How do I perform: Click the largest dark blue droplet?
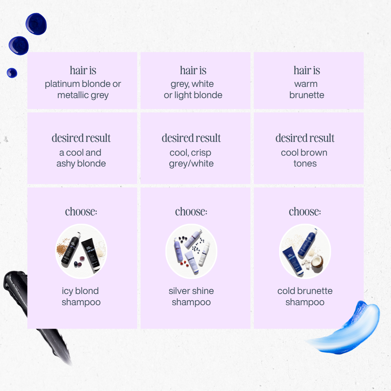tap(36, 24)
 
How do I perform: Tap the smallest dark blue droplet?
tap(12, 73)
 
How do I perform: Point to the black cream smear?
tap(35, 312)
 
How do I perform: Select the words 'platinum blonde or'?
tap(83, 84)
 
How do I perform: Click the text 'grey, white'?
tap(192, 84)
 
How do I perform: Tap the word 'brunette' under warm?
tap(307, 95)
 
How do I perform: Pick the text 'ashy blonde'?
tap(81, 164)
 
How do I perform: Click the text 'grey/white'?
tap(191, 164)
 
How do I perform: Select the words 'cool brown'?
tap(304, 153)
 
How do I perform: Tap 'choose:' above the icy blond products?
tap(81, 212)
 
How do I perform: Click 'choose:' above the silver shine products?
tap(191, 212)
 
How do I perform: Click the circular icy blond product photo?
tap(81, 251)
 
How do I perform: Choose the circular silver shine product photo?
tap(191, 251)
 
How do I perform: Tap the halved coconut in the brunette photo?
tap(317, 263)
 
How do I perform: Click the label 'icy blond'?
tap(80, 291)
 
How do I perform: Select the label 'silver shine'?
tap(191, 291)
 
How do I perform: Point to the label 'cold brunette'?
tap(305, 291)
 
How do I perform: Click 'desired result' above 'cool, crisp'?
tap(191, 138)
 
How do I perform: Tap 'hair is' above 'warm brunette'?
tap(307, 70)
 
